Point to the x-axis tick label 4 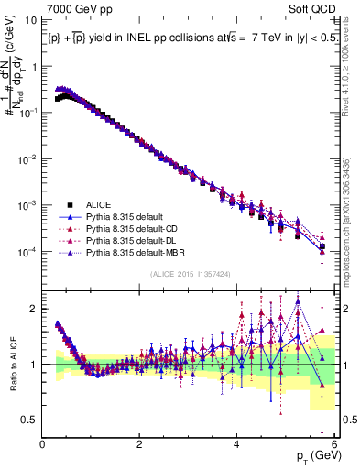point(238,444)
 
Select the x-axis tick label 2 point(140,444)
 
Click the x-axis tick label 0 point(43,444)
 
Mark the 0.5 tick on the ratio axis point(30,420)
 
